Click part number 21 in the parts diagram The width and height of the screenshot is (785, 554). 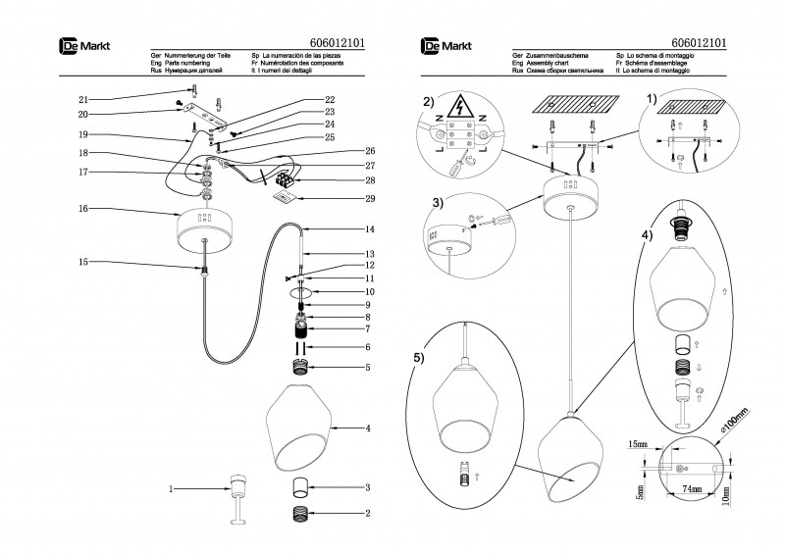[x=83, y=100]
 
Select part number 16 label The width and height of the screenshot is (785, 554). [x=83, y=209]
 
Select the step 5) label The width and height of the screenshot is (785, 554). [x=419, y=359]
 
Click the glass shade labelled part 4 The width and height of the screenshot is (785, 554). [x=299, y=428]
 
